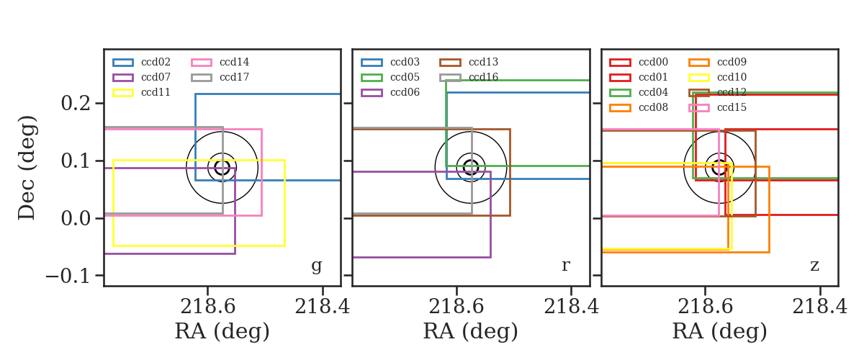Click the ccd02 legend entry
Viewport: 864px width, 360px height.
[141, 62]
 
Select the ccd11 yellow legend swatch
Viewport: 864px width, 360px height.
[123, 93]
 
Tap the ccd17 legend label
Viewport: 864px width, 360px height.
[234, 77]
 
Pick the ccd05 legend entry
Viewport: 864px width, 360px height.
[390, 77]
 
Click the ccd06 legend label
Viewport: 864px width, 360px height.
[405, 92]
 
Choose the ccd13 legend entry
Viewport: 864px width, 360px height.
[469, 62]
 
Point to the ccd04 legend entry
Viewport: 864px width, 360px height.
[639, 92]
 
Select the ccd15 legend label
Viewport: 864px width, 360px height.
[732, 107]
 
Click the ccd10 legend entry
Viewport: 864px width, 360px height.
[717, 77]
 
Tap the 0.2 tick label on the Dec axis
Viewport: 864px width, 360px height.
[76, 104]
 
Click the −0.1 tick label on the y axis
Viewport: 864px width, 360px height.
[68, 276]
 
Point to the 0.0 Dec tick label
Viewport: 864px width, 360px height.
[76, 218]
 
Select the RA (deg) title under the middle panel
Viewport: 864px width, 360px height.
[471, 331]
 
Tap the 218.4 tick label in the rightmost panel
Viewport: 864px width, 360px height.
[819, 307]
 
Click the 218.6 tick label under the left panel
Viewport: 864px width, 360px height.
[207, 307]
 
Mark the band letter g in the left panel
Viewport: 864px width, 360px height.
[316, 266]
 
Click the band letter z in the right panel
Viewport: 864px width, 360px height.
[814, 266]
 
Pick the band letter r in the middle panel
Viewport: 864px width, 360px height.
[565, 266]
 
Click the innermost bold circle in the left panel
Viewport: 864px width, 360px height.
[229, 168]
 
